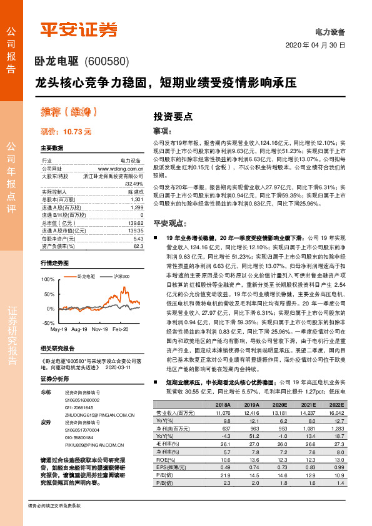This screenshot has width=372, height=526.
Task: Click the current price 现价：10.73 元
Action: (x=66, y=132)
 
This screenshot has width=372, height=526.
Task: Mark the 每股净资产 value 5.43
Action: (x=138, y=238)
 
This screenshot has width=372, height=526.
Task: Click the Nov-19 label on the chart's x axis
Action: (x=100, y=329)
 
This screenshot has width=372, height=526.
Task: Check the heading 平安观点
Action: (x=169, y=222)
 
